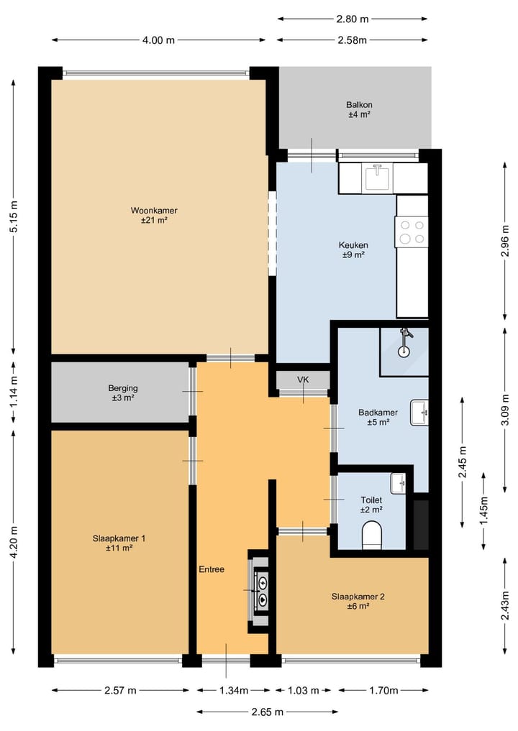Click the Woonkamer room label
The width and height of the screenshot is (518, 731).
click(x=154, y=216)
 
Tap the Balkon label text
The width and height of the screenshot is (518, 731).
click(x=359, y=109)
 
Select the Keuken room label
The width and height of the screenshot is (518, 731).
click(x=353, y=250)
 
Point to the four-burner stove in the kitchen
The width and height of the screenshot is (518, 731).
click(x=411, y=231)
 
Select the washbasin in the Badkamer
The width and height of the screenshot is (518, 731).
click(x=419, y=413)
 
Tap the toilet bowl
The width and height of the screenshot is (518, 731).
click(x=372, y=535)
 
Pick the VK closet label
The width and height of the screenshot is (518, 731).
click(x=303, y=380)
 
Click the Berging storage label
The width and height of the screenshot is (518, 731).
click(x=123, y=393)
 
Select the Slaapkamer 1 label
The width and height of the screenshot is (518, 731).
click(x=119, y=543)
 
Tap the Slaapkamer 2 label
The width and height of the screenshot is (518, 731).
click(x=358, y=602)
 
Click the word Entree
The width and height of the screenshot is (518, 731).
click(x=212, y=569)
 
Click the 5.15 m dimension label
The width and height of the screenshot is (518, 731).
click(x=14, y=216)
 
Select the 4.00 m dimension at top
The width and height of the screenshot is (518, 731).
click(x=159, y=40)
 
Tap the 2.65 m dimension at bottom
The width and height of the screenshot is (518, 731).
click(x=268, y=712)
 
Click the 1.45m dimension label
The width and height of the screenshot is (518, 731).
click(x=483, y=511)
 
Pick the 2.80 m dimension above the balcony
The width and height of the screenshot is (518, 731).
click(x=353, y=19)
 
